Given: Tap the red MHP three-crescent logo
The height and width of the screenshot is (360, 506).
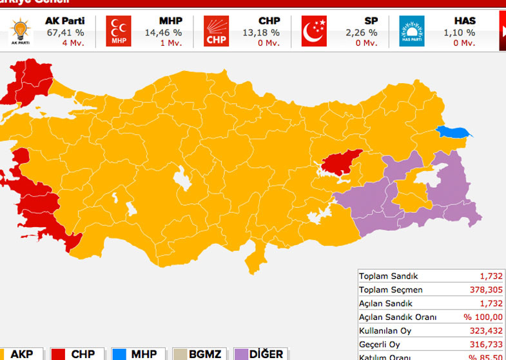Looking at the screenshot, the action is pos(119,30).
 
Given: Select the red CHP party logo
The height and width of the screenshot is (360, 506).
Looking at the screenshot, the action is pos(216,30).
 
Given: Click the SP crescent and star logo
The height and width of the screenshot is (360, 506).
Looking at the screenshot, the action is pos(315,30).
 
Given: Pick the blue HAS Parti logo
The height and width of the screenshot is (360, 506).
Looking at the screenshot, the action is pos(412,30).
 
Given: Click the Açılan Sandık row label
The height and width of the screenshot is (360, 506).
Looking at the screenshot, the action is pos(385,304).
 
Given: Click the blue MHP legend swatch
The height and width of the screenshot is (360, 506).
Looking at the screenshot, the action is pos(119,354).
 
